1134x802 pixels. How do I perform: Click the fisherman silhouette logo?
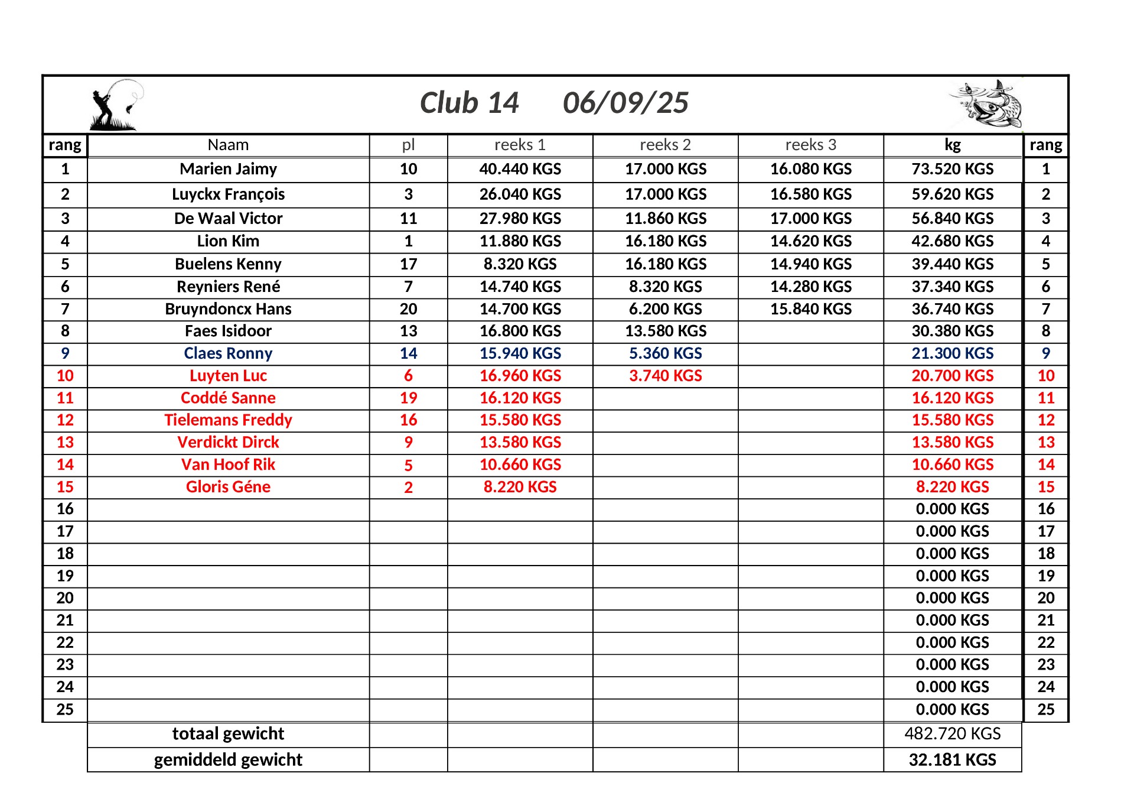[x=116, y=105]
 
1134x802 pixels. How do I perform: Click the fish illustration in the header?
[x=986, y=105]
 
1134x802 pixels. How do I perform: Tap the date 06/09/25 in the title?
[x=625, y=103]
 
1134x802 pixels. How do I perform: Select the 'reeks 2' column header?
[x=665, y=145]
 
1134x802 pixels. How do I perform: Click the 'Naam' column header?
[x=228, y=145]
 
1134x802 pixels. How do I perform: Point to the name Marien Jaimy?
[x=228, y=169]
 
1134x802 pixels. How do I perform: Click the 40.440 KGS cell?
[x=520, y=169]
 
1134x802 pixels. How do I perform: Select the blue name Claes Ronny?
[x=228, y=353]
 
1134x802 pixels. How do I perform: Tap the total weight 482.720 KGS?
[x=952, y=733]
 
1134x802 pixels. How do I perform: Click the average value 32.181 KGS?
[x=952, y=759]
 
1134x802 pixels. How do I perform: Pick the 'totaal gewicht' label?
[x=228, y=733]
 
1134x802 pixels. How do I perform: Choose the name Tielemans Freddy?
[x=228, y=420]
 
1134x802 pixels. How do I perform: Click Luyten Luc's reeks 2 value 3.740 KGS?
[x=665, y=376]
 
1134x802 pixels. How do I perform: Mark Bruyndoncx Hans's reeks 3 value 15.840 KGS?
[x=810, y=309]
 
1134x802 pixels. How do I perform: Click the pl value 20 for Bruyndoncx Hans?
[x=408, y=309]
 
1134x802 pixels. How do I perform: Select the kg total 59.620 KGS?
[x=952, y=194]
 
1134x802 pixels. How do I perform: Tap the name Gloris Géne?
[x=228, y=487]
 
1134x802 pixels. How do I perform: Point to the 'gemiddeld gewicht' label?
[x=228, y=759]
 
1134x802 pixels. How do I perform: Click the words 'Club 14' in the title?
[x=469, y=103]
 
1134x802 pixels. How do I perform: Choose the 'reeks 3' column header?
[x=810, y=145]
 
